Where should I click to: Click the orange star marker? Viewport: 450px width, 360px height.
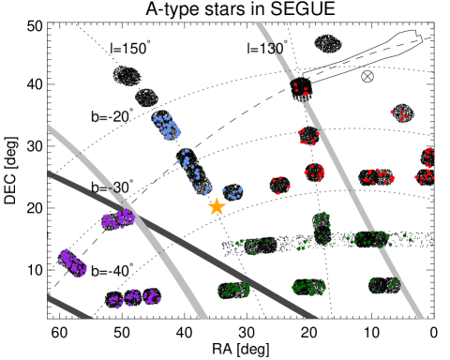(x=217, y=206)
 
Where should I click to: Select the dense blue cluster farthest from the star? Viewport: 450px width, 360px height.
(x=167, y=126)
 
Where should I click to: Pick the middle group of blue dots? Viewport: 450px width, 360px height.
(x=187, y=164)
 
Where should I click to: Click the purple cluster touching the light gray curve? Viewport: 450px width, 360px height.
(x=118, y=219)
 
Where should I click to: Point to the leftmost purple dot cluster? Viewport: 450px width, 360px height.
(x=72, y=263)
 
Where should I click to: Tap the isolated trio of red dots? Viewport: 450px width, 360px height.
(x=398, y=114)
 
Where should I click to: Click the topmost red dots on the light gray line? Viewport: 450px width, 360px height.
(x=300, y=91)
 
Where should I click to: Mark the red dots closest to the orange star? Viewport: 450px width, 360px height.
(x=280, y=184)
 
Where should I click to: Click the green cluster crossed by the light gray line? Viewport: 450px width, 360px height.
(x=375, y=239)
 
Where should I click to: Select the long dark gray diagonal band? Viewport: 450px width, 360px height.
(x=187, y=243)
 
